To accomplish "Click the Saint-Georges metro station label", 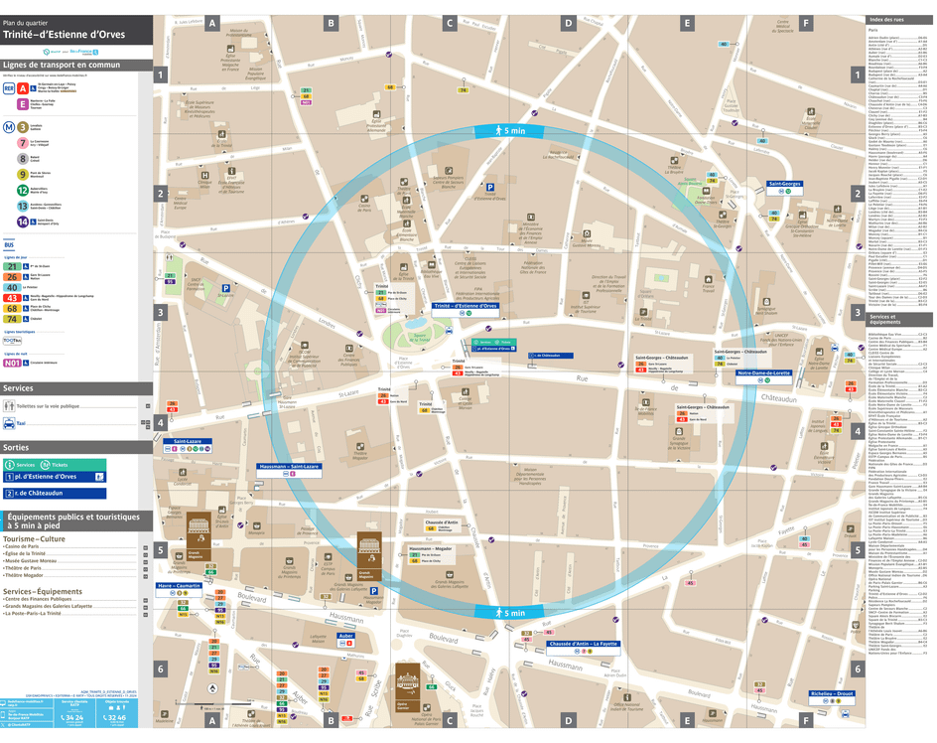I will click(784, 184).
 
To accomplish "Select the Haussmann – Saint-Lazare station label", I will click(289, 466).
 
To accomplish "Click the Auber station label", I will click(345, 635).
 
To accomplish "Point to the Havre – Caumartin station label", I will click(180, 586).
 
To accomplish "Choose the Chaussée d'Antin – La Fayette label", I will click(584, 644).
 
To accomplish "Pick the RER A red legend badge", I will click(23, 88).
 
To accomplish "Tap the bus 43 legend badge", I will click(11, 298).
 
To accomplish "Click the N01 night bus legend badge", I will click(12, 364).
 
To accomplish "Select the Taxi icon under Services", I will click(9, 422).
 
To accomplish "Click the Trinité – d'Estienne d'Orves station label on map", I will click(465, 306).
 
